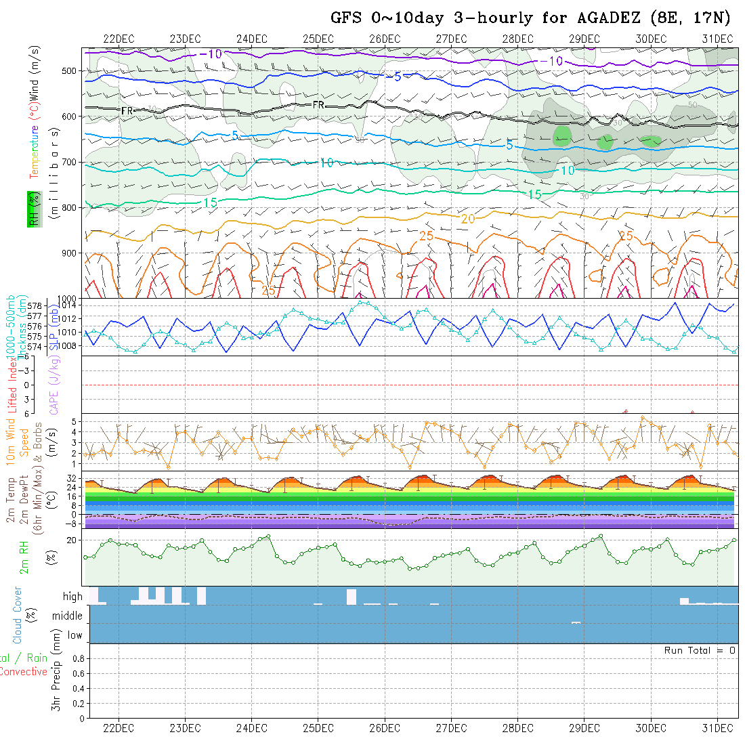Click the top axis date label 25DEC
point(318,39)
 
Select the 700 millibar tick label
point(70,162)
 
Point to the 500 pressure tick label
point(70,70)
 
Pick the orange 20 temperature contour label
point(468,219)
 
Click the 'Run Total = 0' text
point(700,650)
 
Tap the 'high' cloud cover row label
point(72,597)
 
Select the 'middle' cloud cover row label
point(68,616)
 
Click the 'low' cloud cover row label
point(74,635)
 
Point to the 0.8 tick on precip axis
point(77,658)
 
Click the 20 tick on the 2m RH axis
point(72,540)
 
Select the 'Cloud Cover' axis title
point(18,615)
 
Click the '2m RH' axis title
point(24,557)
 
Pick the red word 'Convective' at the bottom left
point(23,672)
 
